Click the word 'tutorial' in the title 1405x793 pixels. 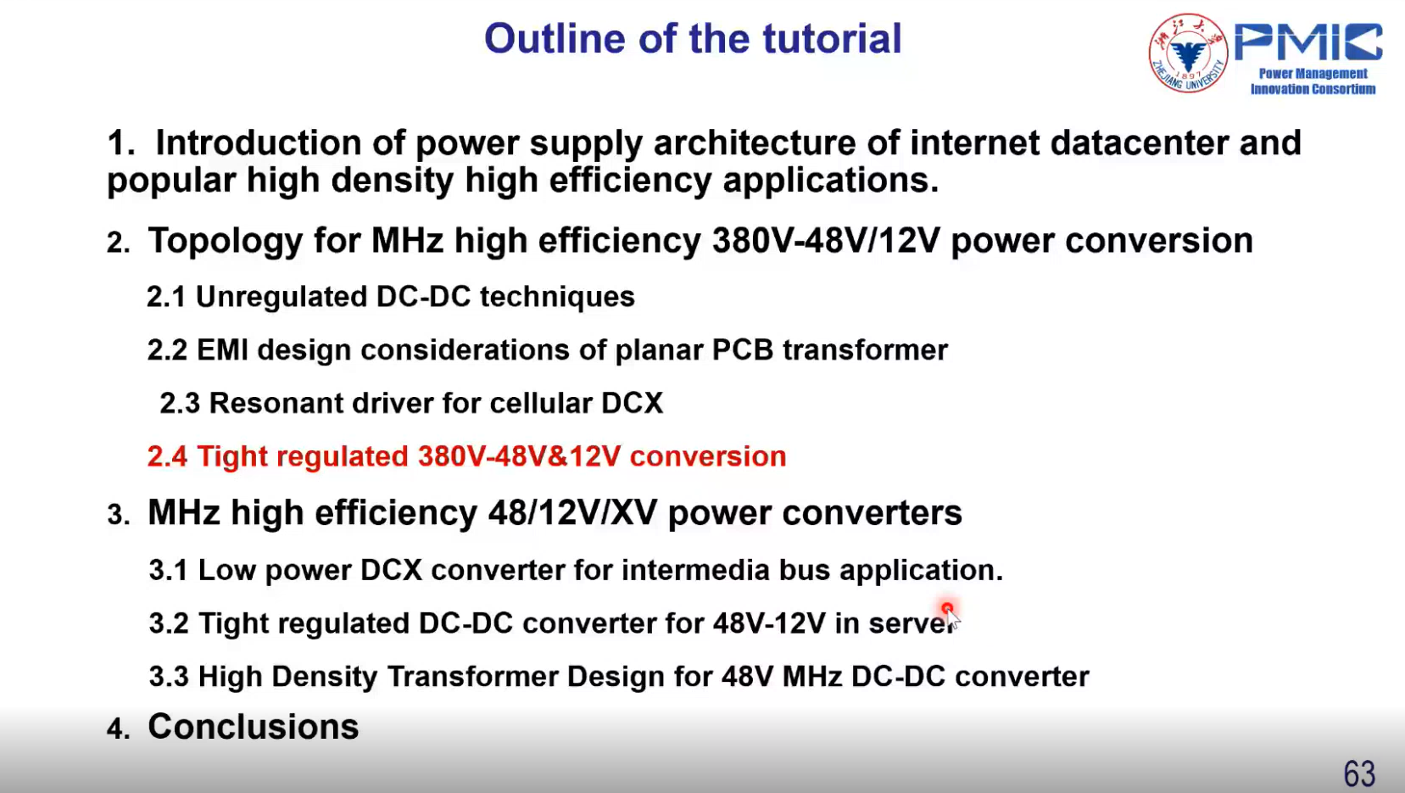click(x=832, y=38)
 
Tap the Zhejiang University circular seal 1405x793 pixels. click(x=1188, y=53)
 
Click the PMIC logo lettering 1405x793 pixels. click(x=1308, y=42)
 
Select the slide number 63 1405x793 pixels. click(x=1359, y=773)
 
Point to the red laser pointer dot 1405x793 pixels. click(x=947, y=608)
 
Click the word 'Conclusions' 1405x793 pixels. click(x=253, y=727)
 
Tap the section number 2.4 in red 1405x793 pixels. click(x=167, y=456)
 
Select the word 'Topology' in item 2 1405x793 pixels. click(x=226, y=241)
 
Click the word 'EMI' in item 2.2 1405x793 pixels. click(x=223, y=350)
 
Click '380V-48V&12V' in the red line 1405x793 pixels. click(x=519, y=456)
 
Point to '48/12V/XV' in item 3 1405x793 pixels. click(x=572, y=512)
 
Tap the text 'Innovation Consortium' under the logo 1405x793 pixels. click(x=1313, y=89)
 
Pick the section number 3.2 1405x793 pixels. click(x=169, y=623)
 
